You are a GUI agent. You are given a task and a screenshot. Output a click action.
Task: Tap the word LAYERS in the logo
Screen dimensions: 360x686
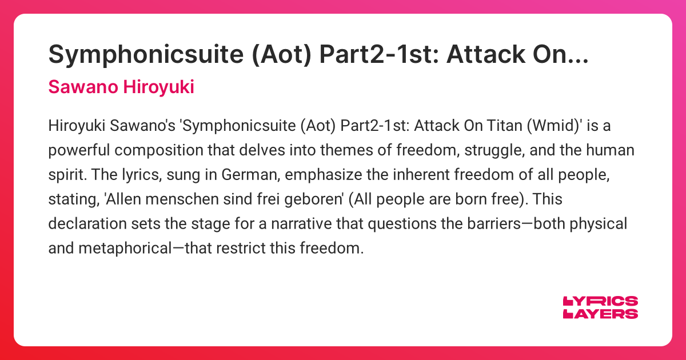(x=601, y=313)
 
